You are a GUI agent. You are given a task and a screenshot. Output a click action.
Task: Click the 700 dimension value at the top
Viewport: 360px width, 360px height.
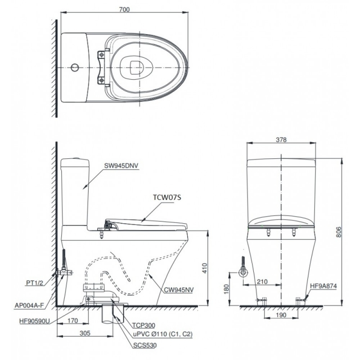(124, 9)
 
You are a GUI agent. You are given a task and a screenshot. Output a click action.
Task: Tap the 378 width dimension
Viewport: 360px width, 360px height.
(281, 140)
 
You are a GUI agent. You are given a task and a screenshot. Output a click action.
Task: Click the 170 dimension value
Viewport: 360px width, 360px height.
(73, 320)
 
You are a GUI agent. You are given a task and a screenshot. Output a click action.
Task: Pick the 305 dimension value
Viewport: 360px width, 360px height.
(85, 333)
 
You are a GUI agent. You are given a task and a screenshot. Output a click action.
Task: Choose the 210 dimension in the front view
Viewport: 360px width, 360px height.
(262, 282)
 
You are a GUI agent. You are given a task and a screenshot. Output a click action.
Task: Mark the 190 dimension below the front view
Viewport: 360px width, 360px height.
(281, 315)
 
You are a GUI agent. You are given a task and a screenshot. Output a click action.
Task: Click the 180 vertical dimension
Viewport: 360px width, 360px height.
(226, 289)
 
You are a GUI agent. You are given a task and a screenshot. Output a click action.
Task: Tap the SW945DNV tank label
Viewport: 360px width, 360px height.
(121, 166)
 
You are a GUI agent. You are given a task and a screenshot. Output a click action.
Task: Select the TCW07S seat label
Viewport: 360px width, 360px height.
(167, 197)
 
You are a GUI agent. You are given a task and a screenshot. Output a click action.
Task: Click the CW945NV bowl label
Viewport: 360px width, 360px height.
(179, 290)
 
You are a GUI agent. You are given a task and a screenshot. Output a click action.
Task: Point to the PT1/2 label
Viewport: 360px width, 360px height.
(35, 283)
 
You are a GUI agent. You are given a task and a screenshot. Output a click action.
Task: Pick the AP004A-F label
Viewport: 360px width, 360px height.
(29, 306)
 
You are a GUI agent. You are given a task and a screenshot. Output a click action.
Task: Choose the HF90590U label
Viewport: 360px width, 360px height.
(35, 321)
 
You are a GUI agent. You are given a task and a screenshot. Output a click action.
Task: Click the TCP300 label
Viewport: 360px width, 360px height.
(144, 325)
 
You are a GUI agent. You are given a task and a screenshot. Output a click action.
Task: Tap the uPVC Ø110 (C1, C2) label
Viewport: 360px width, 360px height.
(162, 334)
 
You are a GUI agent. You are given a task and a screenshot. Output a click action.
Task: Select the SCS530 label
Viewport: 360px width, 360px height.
(145, 345)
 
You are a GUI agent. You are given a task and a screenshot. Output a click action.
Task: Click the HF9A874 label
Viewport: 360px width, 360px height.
(323, 286)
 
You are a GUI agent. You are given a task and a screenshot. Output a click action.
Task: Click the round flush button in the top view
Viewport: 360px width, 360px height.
(75, 68)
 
